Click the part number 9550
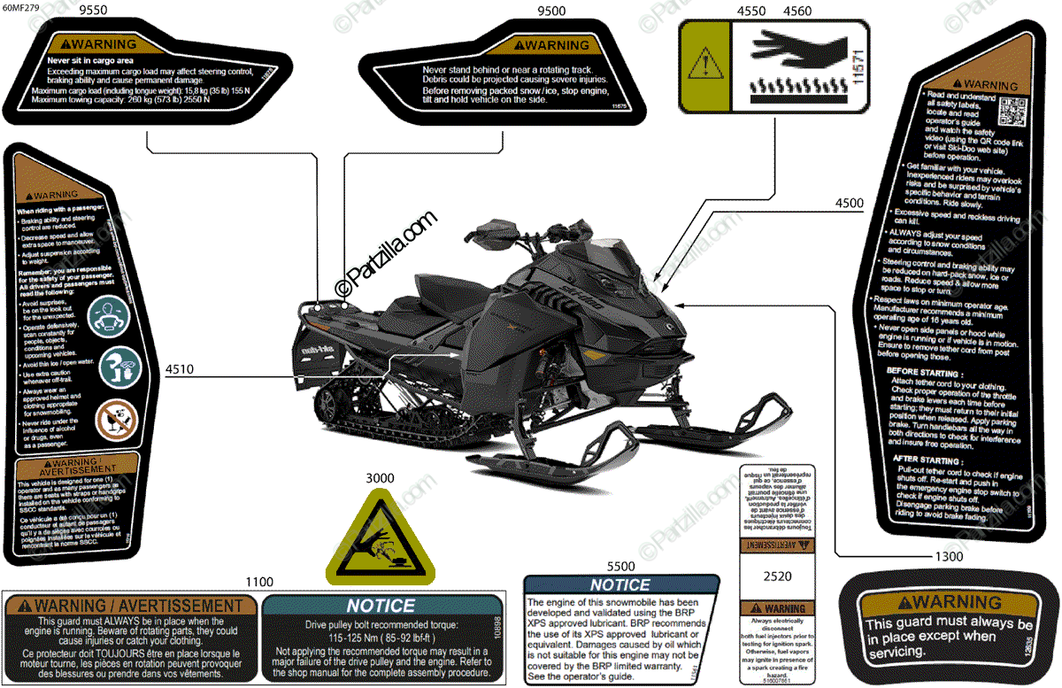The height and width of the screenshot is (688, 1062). coord(94,12)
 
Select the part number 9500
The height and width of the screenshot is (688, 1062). coord(551,12)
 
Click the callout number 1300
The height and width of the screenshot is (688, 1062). coord(949,557)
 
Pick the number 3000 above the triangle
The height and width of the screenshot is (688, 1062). coord(381,478)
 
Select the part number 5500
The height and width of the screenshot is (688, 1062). coord(620,566)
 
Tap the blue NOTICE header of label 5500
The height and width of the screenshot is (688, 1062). coord(620,585)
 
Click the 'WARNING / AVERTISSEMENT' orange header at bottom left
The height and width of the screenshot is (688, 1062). coord(131,607)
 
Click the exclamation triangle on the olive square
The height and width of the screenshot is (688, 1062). coord(705,65)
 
